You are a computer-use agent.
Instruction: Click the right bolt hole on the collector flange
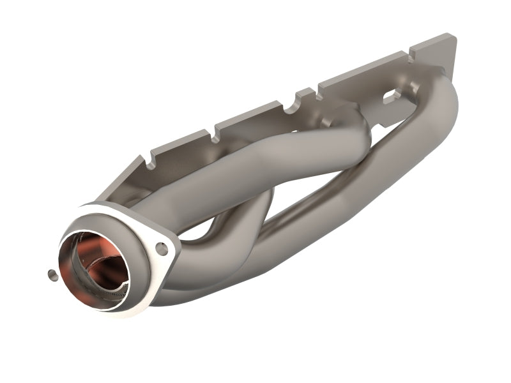click(162, 249)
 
